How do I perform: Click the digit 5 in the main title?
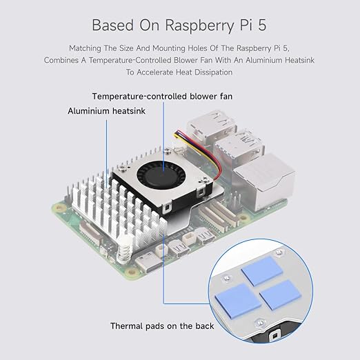coord(262,25)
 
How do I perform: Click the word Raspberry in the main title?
coord(199,26)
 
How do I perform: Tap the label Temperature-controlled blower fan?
coord(162,97)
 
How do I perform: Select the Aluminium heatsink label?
coord(106,111)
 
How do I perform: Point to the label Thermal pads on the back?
coord(162,326)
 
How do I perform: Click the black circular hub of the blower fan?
coord(161,177)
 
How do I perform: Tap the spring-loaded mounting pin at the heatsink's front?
coord(124,250)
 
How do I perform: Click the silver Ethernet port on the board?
coord(263,181)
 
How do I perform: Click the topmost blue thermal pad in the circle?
coord(262,271)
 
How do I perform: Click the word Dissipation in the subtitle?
coord(213,72)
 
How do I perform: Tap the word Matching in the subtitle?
coord(85,48)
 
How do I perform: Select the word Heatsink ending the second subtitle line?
coord(299,60)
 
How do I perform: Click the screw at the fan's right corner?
coord(203,179)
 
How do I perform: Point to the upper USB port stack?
coord(212,127)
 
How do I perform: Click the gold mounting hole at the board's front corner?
coord(132,272)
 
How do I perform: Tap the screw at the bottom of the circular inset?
coord(260,323)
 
